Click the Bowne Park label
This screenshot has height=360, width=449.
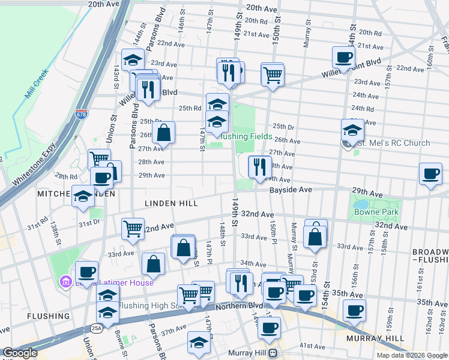pos(368,212)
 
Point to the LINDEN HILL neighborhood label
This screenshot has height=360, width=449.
pos(171,204)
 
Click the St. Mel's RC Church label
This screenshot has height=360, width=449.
pos(394,143)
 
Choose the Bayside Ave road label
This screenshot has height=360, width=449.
pos(291,189)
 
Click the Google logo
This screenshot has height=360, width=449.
pos(20,353)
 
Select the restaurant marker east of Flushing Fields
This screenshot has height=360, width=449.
pos(259,166)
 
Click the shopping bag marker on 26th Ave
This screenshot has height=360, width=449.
pos(163,133)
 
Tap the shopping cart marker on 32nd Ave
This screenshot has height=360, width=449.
pos(133,227)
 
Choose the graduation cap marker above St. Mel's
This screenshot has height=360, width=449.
pos(352,130)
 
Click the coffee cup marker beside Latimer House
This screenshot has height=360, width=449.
pos(86,271)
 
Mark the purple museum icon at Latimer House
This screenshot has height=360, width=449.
pos(66,281)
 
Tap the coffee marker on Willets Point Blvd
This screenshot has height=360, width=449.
pos(343,58)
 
